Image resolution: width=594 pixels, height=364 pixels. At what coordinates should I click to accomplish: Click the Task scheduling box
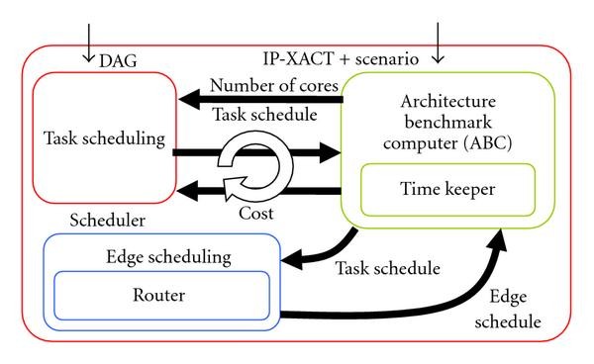click(104, 138)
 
